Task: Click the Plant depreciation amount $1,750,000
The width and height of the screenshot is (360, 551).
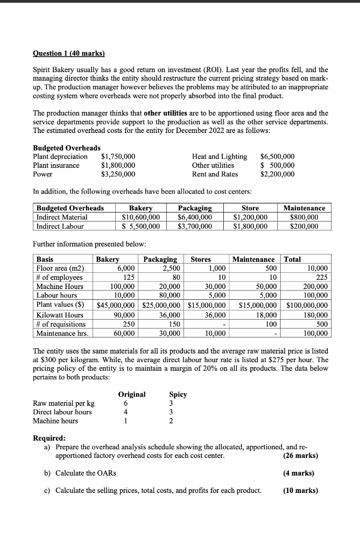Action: click(118, 157)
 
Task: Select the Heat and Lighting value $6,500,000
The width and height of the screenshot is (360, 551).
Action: click(277, 157)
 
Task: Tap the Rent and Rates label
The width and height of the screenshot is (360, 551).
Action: click(215, 174)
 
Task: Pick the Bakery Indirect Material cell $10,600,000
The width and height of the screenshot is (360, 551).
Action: click(138, 217)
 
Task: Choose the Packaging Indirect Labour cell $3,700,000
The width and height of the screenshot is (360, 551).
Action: click(195, 226)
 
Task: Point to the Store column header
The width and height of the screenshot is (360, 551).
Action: click(250, 208)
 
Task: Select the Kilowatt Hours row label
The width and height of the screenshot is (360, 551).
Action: click(60, 315)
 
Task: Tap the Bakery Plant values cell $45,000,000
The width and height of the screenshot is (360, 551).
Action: click(117, 306)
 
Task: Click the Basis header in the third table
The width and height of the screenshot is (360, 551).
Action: click(45, 259)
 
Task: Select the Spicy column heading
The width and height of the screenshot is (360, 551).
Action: click(178, 394)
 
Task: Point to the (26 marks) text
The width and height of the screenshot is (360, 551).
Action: click(300, 456)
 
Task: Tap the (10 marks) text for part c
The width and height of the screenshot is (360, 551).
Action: click(300, 490)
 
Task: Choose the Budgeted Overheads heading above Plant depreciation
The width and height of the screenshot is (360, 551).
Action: click(67, 147)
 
